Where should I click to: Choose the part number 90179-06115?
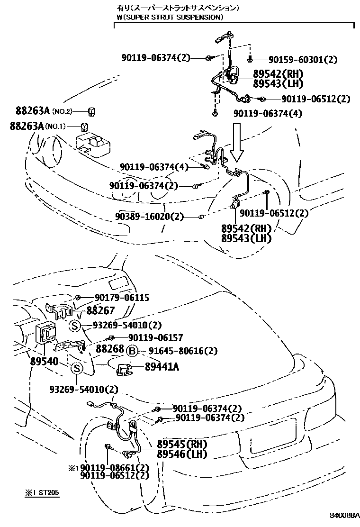tap(122, 298)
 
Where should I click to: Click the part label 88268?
tap(110, 348)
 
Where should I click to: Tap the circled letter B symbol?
tap(132, 351)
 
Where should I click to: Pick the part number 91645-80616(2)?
tap(183, 351)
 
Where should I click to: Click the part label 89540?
tap(44, 362)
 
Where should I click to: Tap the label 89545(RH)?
tap(182, 445)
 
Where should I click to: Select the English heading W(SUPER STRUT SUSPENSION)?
tap(170, 17)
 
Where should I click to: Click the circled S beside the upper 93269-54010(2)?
tap(74, 325)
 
